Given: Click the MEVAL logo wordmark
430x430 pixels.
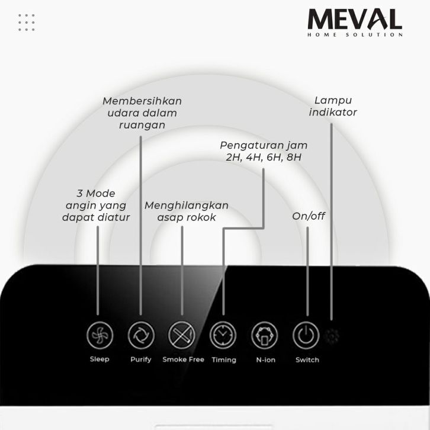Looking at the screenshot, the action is pos(355,20).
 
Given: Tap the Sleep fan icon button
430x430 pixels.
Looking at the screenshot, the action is pos(100,336).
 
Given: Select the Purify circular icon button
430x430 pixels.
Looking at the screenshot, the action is pos(141,336).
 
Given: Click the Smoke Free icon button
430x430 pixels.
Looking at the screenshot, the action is pos(182,336).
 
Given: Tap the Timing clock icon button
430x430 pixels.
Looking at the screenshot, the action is pos(223,336).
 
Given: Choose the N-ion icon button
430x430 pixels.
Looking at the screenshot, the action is pos(265,336).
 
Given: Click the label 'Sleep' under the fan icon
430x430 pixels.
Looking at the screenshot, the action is pos(100,360).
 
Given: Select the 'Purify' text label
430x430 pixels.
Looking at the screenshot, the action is pos(141,360).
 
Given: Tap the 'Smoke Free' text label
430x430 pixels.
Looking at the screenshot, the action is pos(182,360).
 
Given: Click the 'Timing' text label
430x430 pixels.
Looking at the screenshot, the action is pos(224,360).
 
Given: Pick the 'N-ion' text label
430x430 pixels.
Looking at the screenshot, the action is pos(265,360).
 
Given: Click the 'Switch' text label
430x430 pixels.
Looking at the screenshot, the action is pos(307,360).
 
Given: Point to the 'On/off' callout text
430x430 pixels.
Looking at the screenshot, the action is pos(309,216).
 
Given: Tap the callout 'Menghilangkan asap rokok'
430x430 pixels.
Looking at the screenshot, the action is pos(187,211).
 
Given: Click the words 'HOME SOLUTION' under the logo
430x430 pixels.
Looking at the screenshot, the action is pos(355,35).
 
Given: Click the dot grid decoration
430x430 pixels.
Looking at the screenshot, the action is pos(27,23).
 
